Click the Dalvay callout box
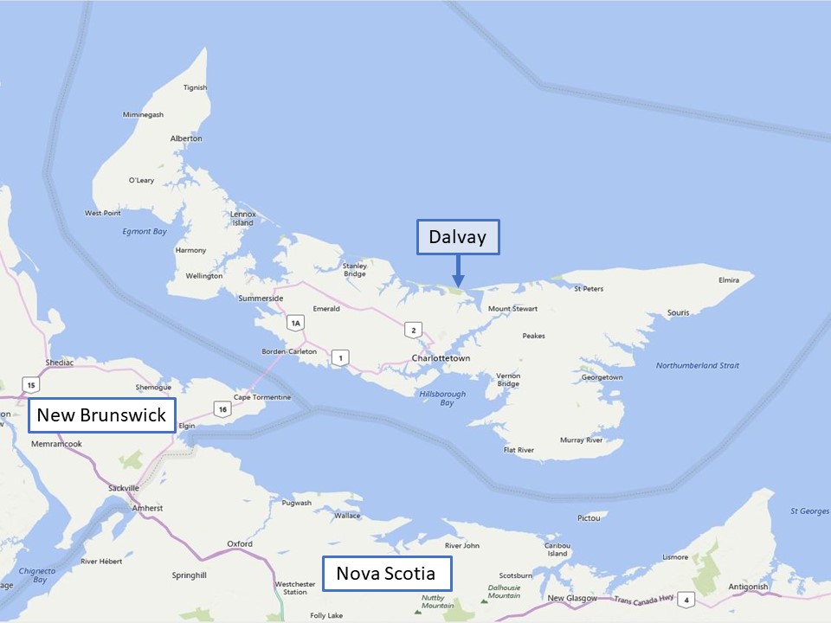458,236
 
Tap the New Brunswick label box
101,415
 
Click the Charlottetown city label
441,358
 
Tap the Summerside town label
261,299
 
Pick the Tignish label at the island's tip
196,87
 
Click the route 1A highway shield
296,324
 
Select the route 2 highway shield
414,330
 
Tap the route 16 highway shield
223,409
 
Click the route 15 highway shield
32,385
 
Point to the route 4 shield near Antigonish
686,600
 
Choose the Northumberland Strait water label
699,365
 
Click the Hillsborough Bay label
442,398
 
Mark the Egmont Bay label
144,231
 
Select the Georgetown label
602,377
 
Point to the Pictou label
588,518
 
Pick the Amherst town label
148,508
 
